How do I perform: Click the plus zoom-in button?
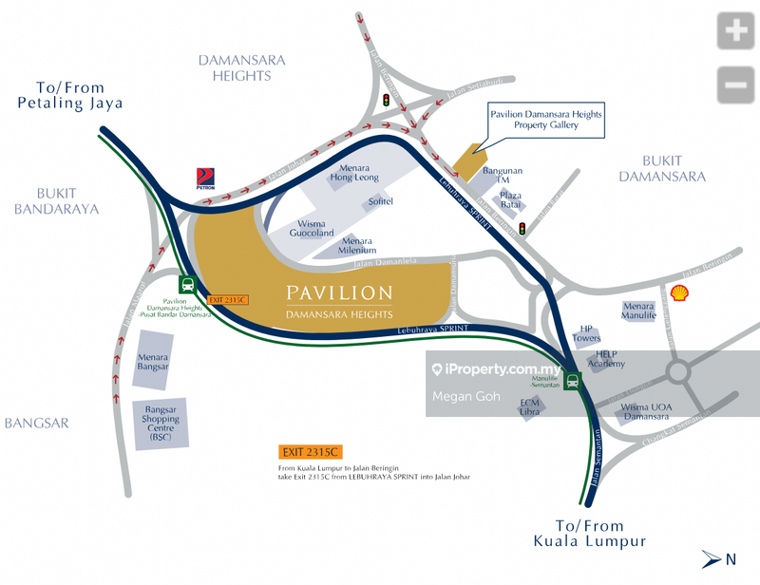[x=737, y=32]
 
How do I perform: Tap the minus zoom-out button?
[x=737, y=85]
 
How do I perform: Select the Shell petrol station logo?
[x=679, y=293]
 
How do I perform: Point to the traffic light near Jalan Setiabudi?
[x=386, y=100]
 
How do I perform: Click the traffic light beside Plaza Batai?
[x=521, y=229]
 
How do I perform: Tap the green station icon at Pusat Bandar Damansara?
[x=187, y=284]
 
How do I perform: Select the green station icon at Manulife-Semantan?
[x=572, y=381]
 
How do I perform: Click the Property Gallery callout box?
[x=545, y=120]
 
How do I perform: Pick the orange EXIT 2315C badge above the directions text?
[x=303, y=452]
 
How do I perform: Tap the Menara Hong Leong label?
[x=352, y=173]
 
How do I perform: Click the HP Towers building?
[x=586, y=333]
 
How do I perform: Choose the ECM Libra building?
[x=530, y=407]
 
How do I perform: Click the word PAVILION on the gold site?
[x=339, y=292]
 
